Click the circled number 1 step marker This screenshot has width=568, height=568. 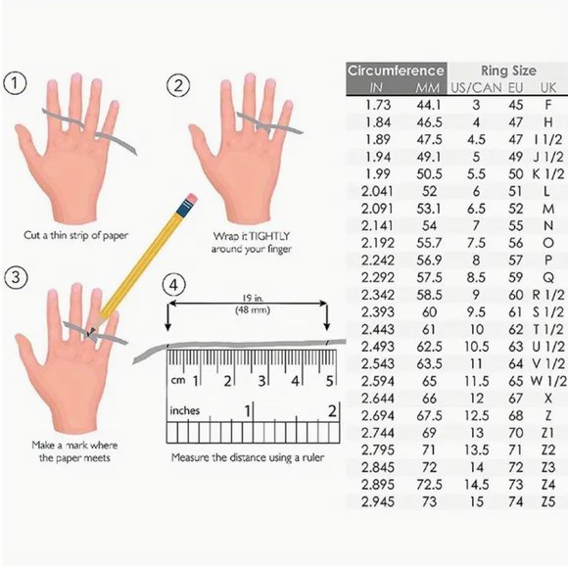(15, 83)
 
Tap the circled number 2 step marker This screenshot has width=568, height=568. (178, 85)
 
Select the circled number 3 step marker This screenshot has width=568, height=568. (16, 277)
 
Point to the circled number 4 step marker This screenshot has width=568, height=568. (174, 285)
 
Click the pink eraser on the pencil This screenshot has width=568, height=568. (191, 199)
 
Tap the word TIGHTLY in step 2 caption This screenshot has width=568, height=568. (270, 236)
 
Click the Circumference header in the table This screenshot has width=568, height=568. (396, 71)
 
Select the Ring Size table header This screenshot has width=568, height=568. (508, 71)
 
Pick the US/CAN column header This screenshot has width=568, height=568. (476, 88)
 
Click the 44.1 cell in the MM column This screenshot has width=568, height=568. (429, 105)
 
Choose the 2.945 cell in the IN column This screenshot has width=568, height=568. (378, 501)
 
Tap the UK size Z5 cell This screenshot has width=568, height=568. (548, 501)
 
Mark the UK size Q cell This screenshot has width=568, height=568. (548, 278)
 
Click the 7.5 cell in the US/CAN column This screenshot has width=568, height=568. (476, 243)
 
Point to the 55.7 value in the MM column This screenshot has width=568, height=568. (429, 243)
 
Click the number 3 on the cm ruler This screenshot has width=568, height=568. (261, 381)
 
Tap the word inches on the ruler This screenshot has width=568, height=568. (185, 410)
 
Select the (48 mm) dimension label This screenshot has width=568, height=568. (253, 310)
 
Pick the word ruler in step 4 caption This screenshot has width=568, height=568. (312, 457)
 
